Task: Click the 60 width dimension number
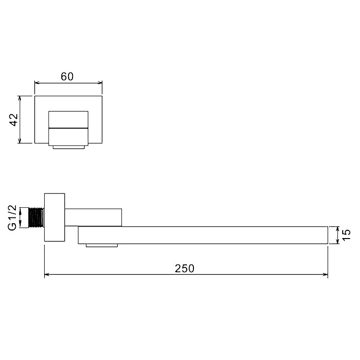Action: coord(67,76)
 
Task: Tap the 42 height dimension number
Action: coord(14,120)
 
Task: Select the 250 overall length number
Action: coord(185,268)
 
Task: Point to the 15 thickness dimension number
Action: coord(346,235)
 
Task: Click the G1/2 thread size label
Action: coord(12,217)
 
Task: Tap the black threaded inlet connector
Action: coord(36,217)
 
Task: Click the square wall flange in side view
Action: coord(54,217)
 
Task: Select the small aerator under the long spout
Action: coord(102,245)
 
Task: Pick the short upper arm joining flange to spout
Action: coord(93,217)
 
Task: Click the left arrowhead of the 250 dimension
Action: coord(47,274)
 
